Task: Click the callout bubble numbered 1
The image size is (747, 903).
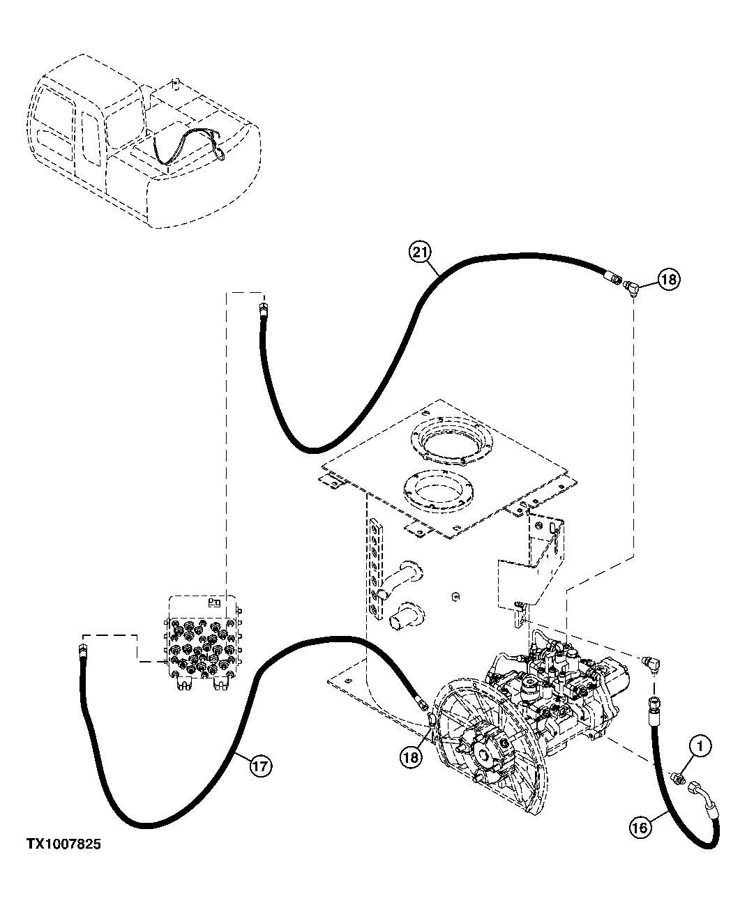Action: (x=701, y=747)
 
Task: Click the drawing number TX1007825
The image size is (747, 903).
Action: (x=63, y=844)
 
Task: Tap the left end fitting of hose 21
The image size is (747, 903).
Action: (x=262, y=310)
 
